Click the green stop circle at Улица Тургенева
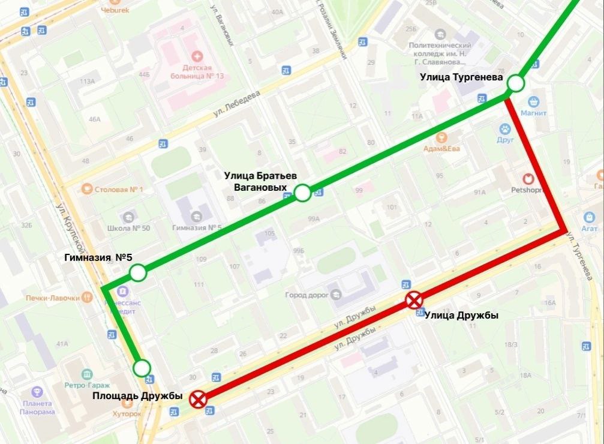point(515,83)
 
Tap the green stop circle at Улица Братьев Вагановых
point(302,193)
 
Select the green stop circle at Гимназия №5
point(138,274)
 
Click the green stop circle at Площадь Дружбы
point(142,367)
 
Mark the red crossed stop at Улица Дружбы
point(414,300)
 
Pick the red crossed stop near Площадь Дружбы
point(198,399)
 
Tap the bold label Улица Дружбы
point(461,316)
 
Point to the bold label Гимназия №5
point(98,258)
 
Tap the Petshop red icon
point(528,179)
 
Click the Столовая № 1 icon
point(87,190)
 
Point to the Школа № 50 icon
point(127,216)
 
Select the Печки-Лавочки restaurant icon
point(88,296)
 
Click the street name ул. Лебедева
point(238,103)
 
